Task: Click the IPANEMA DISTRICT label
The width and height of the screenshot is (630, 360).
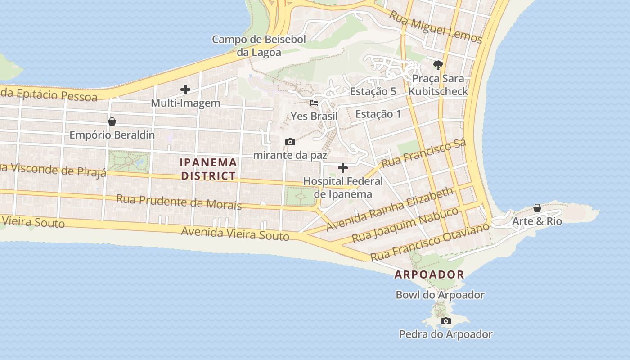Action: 208,169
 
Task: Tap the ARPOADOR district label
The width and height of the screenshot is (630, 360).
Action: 429,274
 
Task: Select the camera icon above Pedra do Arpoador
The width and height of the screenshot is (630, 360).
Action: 446,321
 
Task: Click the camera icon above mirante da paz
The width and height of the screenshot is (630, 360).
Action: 290,142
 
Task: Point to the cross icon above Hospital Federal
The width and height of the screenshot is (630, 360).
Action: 343,168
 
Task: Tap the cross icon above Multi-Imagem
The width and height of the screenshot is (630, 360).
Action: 185,90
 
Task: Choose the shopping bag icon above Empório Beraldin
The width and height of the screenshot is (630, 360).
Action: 112,121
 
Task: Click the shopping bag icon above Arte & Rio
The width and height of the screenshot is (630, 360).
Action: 537,208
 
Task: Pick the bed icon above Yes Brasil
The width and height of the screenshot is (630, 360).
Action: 314,103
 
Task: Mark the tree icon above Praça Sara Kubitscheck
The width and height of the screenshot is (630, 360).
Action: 438,65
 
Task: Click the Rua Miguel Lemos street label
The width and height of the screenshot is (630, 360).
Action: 436,27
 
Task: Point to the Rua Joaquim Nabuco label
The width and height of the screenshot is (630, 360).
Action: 405,225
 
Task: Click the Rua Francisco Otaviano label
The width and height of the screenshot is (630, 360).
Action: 430,242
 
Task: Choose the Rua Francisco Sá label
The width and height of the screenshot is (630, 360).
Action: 423,153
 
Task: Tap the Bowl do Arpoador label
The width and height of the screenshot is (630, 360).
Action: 440,295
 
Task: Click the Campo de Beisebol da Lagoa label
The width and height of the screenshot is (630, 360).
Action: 259,45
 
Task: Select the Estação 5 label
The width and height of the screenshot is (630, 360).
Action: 373,91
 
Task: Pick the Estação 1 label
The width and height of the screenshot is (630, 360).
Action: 378,114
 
